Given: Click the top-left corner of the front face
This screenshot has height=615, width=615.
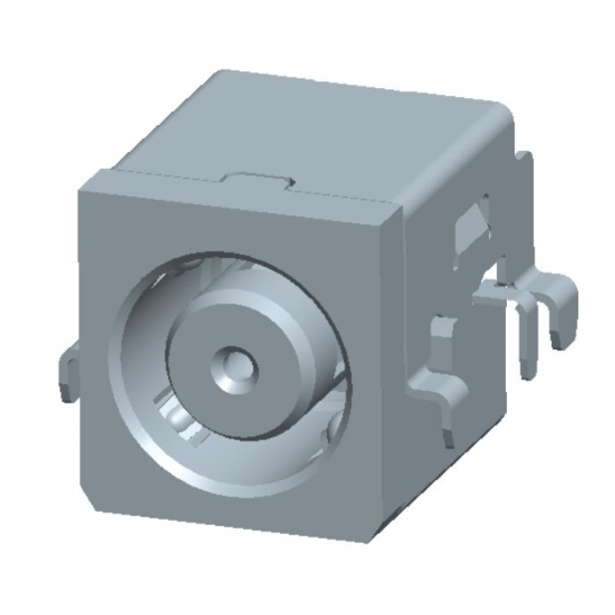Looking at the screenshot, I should (83, 177).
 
